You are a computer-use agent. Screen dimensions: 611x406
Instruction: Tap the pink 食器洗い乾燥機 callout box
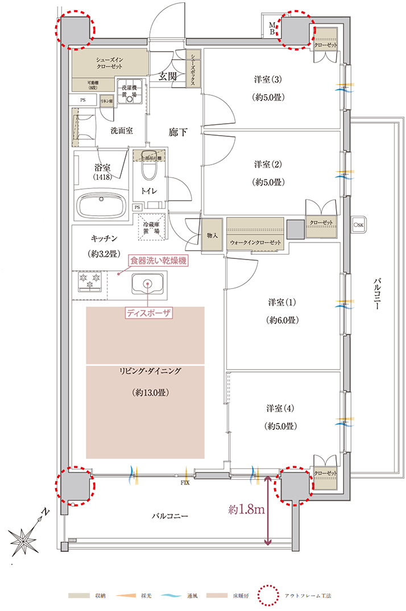click(158, 261)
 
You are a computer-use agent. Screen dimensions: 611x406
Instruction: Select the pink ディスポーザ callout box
click(148, 312)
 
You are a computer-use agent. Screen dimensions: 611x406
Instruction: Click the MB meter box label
click(273, 28)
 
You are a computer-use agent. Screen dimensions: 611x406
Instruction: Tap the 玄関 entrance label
click(166, 77)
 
